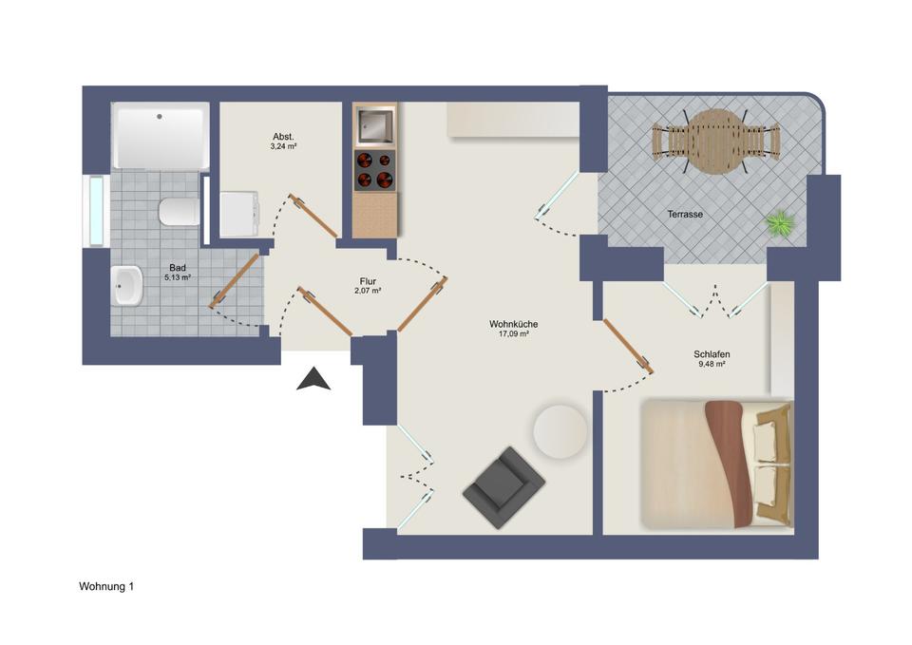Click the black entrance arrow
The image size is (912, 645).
click(313, 380)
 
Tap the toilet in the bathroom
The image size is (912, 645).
click(179, 212)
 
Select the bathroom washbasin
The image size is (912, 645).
click(126, 285)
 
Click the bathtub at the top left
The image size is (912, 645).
click(160, 136)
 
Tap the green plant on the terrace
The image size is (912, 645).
click(780, 224)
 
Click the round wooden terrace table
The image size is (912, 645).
click(715, 142)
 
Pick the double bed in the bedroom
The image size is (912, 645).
click(717, 464)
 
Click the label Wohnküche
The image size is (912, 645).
click(514, 324)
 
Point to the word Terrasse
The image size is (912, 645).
click(685, 215)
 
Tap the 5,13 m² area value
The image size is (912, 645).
click(178, 277)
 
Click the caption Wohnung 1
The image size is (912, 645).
click(106, 588)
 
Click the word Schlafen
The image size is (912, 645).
click(712, 353)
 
